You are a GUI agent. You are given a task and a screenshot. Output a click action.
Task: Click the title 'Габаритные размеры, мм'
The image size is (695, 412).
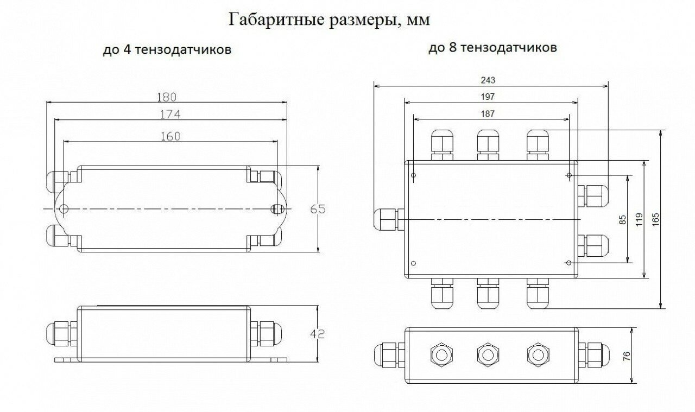coord(330,20)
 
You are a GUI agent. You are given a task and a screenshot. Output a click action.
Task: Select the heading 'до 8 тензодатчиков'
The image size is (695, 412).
coord(492,48)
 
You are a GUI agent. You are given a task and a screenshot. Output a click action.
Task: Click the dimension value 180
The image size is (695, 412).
coord(167,97)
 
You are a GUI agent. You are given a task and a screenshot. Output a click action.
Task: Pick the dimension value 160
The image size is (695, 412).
coord(170,136)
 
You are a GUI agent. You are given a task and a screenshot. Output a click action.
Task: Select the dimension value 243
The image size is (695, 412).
coord(488,80)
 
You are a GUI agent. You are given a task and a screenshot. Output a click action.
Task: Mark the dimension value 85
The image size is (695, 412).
coord(623,219)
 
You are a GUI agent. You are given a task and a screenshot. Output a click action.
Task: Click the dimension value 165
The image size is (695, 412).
coord(656,218)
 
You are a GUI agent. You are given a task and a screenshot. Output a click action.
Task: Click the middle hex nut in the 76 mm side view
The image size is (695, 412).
coord(487,355)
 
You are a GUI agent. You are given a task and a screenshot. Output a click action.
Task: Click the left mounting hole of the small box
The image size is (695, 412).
coord(64,209)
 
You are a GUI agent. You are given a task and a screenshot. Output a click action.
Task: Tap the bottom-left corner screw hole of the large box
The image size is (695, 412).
coord(414,264)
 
